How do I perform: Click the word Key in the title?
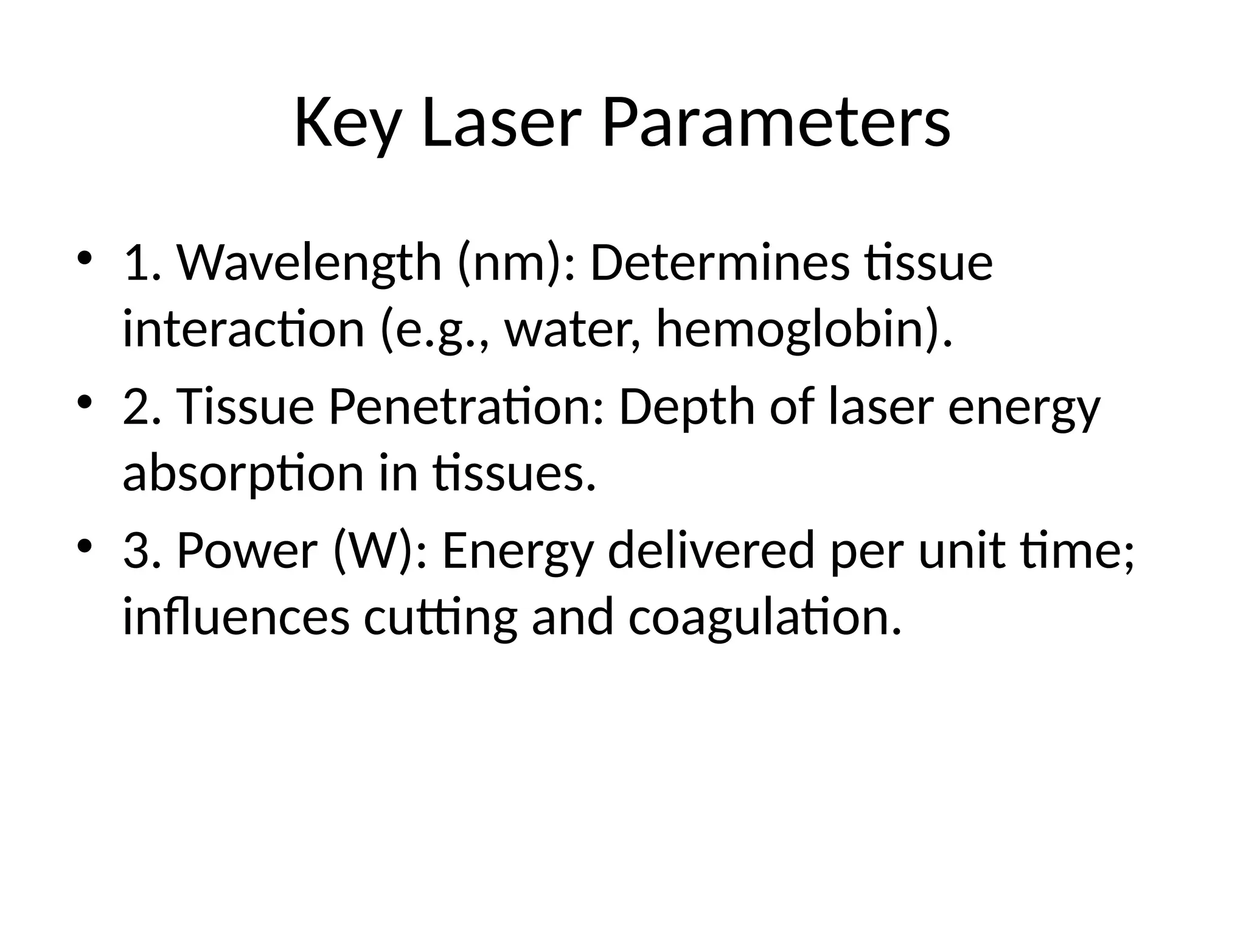347,124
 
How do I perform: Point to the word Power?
247,550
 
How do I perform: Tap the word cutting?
440,617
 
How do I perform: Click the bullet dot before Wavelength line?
85,257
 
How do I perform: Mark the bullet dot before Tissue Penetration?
85,401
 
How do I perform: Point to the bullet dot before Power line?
85,544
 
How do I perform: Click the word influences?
236,617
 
